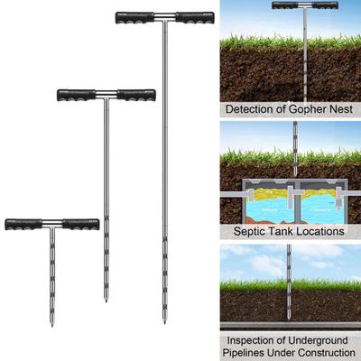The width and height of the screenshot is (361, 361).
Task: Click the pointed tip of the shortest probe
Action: point(52,326)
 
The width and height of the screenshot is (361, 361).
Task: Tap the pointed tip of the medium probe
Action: point(106,301)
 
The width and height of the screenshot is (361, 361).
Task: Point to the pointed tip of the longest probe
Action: point(164,322)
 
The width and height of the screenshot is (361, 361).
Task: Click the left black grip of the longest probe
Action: point(135,18)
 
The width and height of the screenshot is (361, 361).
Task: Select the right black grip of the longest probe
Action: point(195,18)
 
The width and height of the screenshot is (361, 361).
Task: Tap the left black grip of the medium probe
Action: point(77,95)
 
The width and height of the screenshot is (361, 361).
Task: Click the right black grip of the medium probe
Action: point(136,95)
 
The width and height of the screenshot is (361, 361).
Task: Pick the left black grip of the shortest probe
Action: point(23,225)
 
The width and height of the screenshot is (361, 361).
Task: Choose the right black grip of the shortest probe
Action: point(80,225)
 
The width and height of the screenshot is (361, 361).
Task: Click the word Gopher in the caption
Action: point(308,109)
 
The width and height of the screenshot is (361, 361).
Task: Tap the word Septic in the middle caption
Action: point(249,232)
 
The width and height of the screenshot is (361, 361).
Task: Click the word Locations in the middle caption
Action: point(320,231)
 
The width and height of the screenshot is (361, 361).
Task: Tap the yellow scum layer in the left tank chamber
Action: point(265,193)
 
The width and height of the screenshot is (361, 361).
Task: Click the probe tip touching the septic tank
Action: point(295,174)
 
